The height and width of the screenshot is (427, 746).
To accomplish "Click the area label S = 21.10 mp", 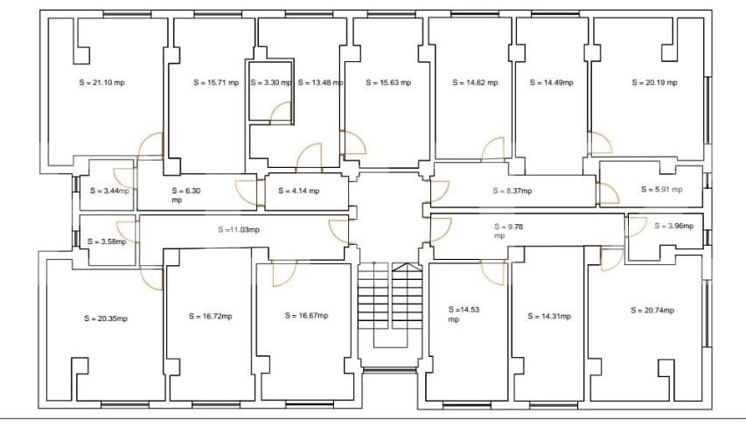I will pos(101,83).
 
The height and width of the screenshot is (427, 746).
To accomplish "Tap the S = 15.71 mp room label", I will pos(216,83).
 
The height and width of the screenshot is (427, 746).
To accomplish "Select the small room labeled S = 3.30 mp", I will pos(270,83).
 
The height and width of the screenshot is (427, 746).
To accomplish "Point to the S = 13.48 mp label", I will pos(320,83).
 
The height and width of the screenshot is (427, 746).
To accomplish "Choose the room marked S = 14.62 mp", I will pos(475,83).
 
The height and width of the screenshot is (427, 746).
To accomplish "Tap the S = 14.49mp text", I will pos(551,83).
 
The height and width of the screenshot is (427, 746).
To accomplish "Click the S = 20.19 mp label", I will pos(654,83).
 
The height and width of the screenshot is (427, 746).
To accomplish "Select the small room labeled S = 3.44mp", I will pos(109,191).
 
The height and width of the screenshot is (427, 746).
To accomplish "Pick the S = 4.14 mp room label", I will pos(298,191).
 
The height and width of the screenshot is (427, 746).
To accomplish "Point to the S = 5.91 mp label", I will pos(662,189).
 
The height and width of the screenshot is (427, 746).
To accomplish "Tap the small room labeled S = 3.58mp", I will pos(108,241).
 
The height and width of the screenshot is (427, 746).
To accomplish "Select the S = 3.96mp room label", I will pos(673,226).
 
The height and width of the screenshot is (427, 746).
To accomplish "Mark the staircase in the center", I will pos(390,306).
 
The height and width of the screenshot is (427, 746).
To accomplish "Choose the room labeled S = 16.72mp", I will pos(211,316).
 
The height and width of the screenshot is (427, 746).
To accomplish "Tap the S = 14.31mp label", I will pos(549,316).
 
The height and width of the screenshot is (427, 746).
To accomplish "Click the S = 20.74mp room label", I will pos(653,310).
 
